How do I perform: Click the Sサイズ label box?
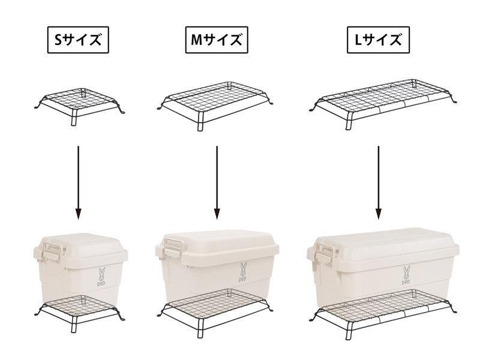coord(78,40)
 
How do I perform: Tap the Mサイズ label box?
coord(217,40)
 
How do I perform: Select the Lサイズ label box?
coord(379,40)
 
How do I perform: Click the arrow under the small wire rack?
coord(79,182)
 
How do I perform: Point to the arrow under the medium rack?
coord(217,182)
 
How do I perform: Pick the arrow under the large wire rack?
coord(379,182)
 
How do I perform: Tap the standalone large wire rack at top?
coord(383,103)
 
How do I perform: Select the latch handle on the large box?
coord(325,250)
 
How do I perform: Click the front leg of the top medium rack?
coord(200,121)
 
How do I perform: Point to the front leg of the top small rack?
coord(73,118)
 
